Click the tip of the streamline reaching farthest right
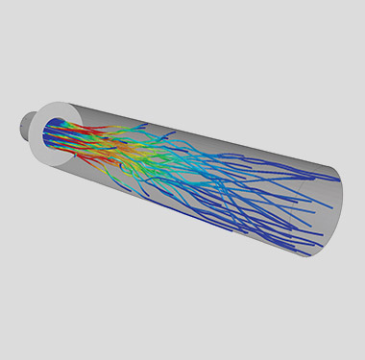point(339,179)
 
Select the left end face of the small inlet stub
point(18,124)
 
